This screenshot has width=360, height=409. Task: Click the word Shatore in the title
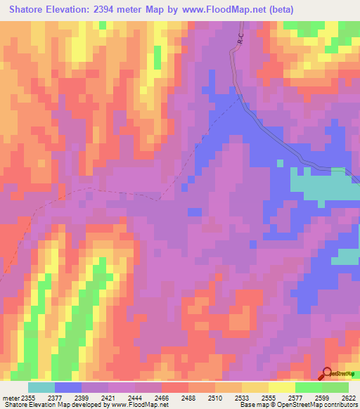pos(29,9)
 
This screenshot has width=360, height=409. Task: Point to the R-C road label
pos(239,41)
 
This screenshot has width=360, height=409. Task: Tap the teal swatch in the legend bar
pos(41,388)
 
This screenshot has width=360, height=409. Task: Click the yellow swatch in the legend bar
pos(282,388)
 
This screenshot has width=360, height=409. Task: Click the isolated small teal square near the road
pos(280,163)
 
